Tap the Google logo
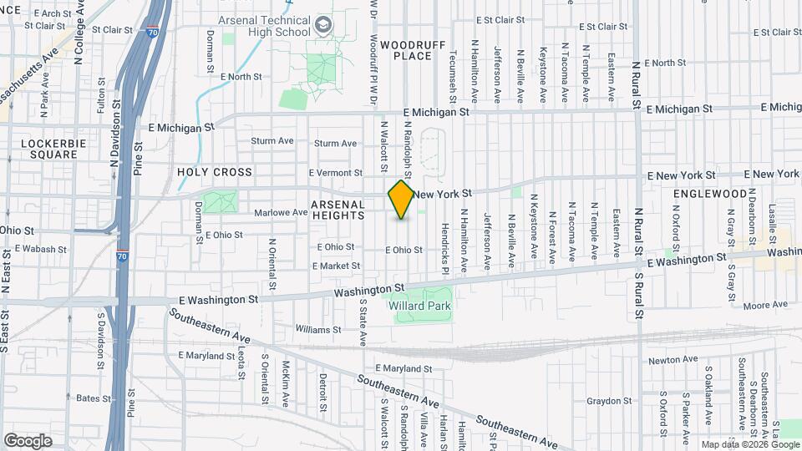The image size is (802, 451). (x=28, y=440)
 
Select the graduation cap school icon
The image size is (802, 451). (x=321, y=26)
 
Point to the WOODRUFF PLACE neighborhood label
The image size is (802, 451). (x=405, y=49)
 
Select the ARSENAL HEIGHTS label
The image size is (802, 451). (x=338, y=210)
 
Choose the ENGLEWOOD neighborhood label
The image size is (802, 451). (x=710, y=193)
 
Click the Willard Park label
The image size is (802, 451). (x=420, y=307)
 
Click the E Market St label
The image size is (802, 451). (x=336, y=266)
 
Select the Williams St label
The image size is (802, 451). (x=313, y=329)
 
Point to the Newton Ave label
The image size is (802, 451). (x=673, y=359)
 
